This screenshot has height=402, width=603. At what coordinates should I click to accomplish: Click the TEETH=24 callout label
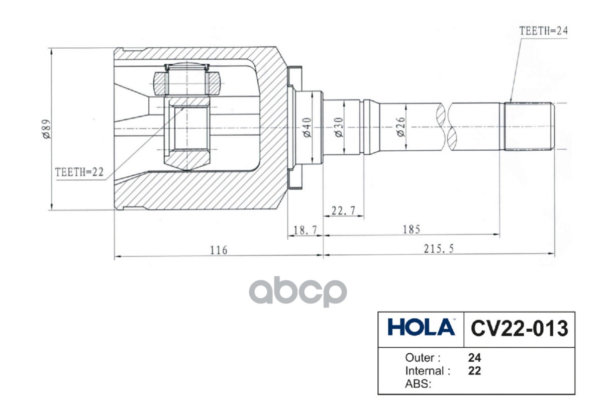[543, 30]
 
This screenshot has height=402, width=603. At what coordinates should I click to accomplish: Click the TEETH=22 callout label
[79, 172]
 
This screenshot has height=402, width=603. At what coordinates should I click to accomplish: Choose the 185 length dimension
[411, 229]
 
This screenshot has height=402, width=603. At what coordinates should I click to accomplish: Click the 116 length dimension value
[219, 250]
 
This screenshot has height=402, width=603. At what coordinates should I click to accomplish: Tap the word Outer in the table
[423, 358]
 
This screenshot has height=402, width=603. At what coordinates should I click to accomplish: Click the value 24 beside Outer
[474, 358]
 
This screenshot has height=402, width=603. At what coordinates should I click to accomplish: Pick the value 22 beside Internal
[474, 371]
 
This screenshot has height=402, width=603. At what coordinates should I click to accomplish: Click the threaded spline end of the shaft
[529, 127]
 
